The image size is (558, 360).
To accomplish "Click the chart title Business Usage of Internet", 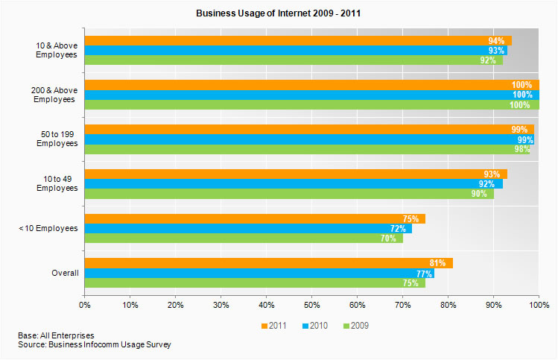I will pos(279,13).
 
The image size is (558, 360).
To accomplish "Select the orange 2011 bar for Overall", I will pos(268,263).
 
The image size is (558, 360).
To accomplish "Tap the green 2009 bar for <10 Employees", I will pos(243,239).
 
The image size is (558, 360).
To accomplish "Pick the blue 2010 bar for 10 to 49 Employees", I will pos(293,184).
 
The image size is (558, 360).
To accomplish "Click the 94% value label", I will pos(496,41).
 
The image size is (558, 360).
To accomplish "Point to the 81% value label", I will pos(438,263).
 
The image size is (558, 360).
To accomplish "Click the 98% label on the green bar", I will pos(521,149).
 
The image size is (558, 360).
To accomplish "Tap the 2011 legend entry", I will pos(276,326).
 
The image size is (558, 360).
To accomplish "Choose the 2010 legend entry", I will pos(316,326).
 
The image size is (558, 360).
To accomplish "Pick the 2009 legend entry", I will pos(356,326).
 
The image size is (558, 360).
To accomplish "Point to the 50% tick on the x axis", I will pos(311,304).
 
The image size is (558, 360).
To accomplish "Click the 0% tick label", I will pos(84,304).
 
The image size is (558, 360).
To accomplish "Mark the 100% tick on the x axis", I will pos(538,304).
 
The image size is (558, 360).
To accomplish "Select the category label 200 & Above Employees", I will pos(54,95).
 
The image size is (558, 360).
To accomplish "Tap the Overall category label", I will pos(65,274).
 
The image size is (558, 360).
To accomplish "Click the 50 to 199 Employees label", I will pos(57,139).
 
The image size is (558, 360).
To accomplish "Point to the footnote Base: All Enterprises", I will pos(56,336).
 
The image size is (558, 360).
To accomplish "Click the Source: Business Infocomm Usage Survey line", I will pos(94,345).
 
